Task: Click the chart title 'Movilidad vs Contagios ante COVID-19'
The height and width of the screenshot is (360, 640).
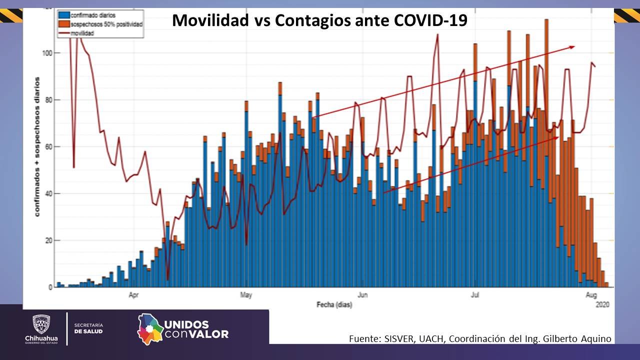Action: pos(319,20)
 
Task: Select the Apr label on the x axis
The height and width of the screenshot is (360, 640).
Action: pos(133,295)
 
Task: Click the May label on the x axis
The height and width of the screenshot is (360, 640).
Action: pos(245,295)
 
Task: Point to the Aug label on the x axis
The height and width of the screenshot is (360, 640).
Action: pos(591,295)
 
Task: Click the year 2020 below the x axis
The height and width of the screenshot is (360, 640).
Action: pos(602,304)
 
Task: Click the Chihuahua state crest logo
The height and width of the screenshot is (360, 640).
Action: pos(41,324)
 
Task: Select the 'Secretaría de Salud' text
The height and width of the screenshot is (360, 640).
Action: pos(88,328)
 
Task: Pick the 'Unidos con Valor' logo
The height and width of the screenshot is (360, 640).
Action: pos(183,329)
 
